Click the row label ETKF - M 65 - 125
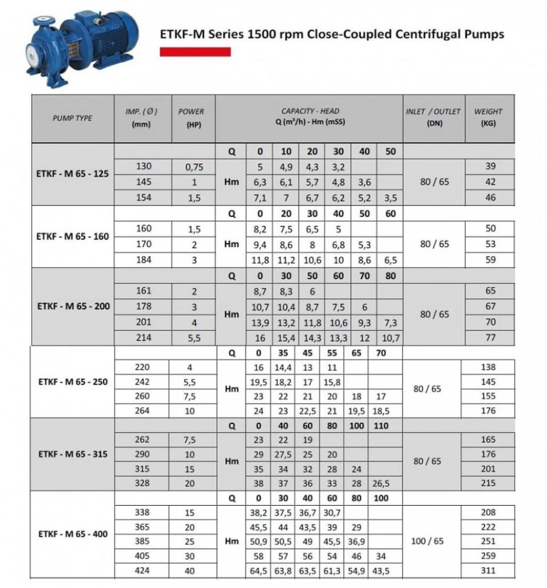point(73,174)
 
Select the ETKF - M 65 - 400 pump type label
point(73,534)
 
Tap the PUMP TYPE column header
point(73,118)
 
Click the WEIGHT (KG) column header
point(488,118)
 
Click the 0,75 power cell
point(194,167)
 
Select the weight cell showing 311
point(488,570)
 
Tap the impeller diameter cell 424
point(143,570)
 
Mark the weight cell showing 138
point(488,367)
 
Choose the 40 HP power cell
point(190,571)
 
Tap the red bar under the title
point(195,52)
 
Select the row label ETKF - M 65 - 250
point(73,382)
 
